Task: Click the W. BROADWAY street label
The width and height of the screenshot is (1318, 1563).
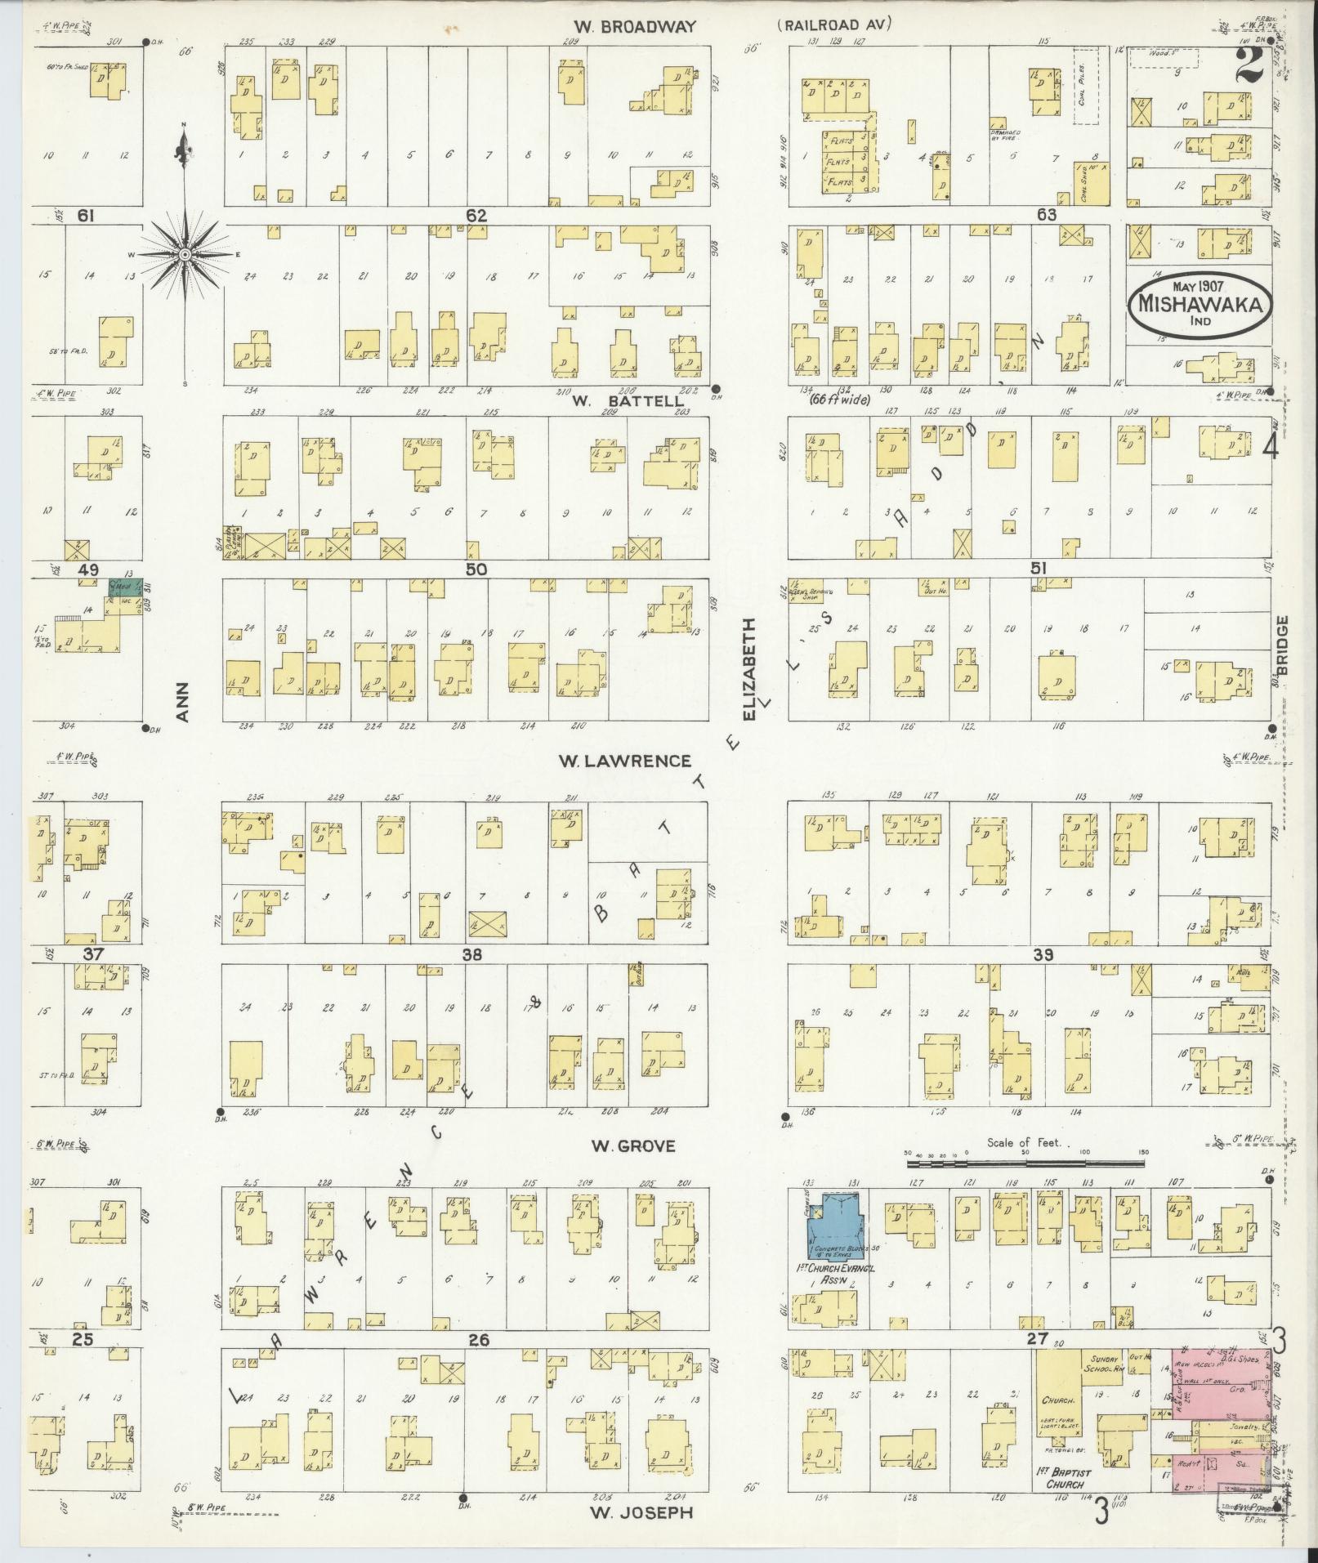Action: [x=634, y=27]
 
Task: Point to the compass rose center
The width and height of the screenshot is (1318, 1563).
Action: [x=185, y=255]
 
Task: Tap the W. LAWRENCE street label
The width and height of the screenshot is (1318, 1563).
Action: [x=624, y=761]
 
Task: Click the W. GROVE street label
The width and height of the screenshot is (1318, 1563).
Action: [x=634, y=1146]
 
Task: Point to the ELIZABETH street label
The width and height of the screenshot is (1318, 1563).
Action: [x=749, y=668]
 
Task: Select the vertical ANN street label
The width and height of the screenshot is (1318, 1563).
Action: [x=183, y=702]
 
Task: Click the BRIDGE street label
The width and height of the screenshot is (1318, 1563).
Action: [x=1282, y=645]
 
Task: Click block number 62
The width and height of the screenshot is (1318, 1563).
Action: [x=476, y=216]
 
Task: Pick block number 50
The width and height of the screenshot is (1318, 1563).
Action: [x=476, y=569]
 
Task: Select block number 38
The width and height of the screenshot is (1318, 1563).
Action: [x=471, y=954]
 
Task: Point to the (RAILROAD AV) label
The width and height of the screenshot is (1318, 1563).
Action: [x=833, y=25]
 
